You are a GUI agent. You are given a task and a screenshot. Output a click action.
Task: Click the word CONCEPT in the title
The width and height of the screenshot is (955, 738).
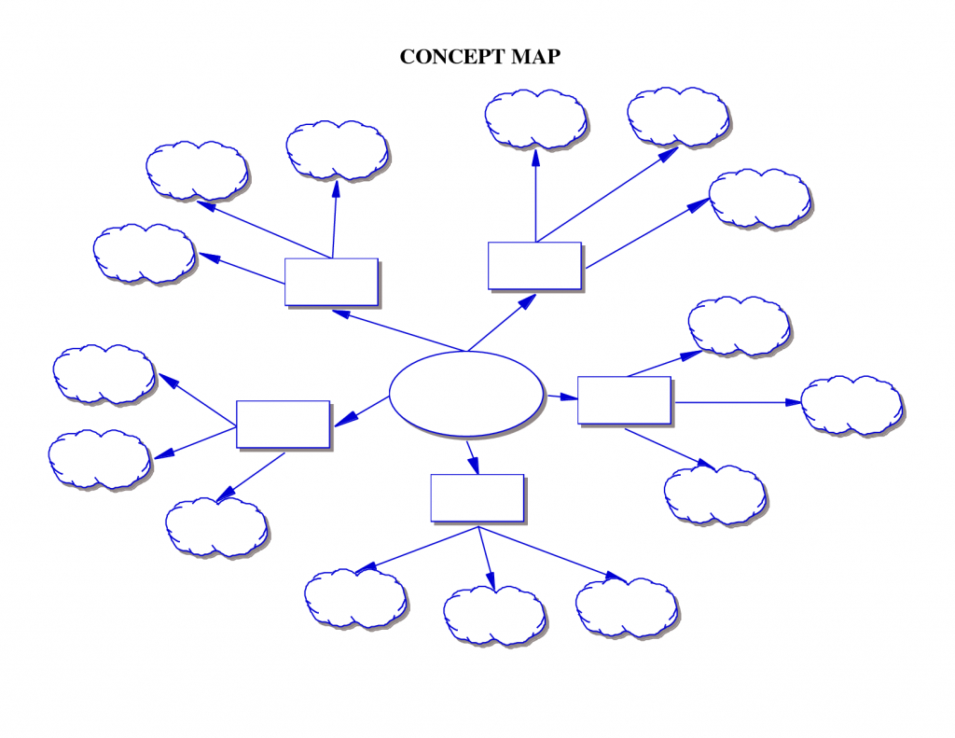coord(452,57)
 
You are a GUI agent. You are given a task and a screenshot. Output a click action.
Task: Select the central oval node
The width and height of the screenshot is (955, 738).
coord(465,394)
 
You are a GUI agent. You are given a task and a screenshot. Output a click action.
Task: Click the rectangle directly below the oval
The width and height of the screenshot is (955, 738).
coord(477,498)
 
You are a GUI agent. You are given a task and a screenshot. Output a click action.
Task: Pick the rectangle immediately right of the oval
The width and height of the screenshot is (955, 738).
coord(623,400)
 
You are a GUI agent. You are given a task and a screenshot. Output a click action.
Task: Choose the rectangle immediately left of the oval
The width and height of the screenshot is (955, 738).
coord(283,424)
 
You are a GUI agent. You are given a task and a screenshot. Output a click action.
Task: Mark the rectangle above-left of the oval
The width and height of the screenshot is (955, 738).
coord(331,282)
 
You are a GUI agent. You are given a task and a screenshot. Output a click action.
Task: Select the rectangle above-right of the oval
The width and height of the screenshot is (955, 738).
coord(534,265)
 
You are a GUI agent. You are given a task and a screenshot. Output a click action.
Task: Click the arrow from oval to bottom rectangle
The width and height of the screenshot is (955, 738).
coord(473,456)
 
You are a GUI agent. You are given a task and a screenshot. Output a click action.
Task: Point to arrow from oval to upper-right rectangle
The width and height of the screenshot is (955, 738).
coord(502,323)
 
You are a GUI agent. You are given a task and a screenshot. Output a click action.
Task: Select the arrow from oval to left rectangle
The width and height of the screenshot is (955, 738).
coord(361,411)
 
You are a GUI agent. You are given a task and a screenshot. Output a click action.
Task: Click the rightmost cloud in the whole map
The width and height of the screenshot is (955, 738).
coord(851,405)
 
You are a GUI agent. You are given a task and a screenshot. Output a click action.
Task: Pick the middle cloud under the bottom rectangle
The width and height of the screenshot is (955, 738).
coord(493,616)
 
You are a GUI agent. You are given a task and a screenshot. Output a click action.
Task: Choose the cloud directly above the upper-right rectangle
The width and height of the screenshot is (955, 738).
coord(535,118)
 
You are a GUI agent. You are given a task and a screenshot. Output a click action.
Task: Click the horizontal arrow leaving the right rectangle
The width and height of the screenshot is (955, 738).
coord(737,402)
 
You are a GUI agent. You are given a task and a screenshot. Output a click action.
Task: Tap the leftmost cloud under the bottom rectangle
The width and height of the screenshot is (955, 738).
coord(354,598)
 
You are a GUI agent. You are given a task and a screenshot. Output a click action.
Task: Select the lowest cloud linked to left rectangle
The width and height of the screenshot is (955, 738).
coord(215,527)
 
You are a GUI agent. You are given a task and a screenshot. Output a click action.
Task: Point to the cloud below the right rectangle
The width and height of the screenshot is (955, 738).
coord(714,494)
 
